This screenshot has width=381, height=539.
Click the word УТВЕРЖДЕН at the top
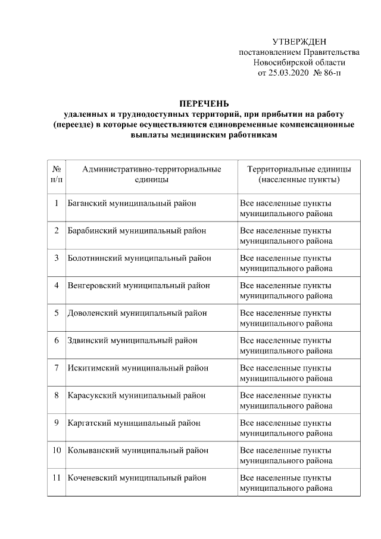pyautogui.click(x=299, y=42)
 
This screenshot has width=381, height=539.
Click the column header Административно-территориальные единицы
pyautogui.click(x=151, y=175)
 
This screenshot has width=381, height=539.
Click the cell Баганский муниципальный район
pyautogui.click(x=132, y=203)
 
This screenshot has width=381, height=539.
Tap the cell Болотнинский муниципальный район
pyautogui.click(x=139, y=258)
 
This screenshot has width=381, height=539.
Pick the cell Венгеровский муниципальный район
pyautogui.click(x=138, y=285)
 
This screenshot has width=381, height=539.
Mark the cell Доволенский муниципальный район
pyautogui.click(x=137, y=313)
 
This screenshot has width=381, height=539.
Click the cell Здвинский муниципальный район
pyautogui.click(x=132, y=340)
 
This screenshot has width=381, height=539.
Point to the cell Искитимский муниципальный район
pyautogui.click(x=136, y=367)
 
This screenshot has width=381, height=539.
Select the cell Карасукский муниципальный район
pyautogui.click(x=136, y=395)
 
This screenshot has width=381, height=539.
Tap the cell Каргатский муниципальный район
pyautogui.click(x=133, y=423)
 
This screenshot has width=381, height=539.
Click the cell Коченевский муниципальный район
pyautogui.click(x=136, y=478)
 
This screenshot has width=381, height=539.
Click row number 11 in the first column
pyautogui.click(x=55, y=478)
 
